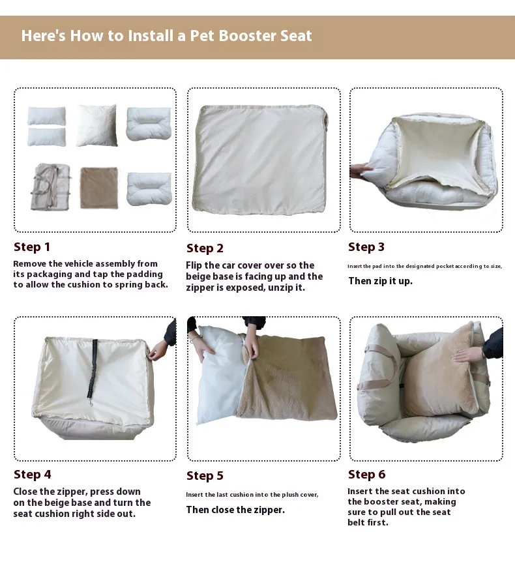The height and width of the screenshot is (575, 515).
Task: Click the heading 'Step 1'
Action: [32, 247]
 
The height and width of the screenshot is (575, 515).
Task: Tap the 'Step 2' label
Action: [205, 248]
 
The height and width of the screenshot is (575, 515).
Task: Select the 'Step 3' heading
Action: [366, 247]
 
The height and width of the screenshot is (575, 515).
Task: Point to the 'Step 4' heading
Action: [33, 474]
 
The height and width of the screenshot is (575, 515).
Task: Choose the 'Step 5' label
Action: [205, 476]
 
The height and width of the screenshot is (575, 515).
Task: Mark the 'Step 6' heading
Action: [367, 474]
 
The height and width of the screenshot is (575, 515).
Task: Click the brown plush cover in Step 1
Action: [99, 188]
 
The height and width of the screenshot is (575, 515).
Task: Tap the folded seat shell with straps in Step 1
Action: [51, 187]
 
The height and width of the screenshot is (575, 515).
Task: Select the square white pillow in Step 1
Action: [97, 125]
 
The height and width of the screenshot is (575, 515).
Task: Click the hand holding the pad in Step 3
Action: [360, 171]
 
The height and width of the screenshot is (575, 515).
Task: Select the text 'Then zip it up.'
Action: [380, 281]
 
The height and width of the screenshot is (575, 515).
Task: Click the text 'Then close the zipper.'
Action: [235, 510]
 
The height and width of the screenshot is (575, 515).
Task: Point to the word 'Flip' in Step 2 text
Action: [194, 265]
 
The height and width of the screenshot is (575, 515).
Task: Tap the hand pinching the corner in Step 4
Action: [158, 351]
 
